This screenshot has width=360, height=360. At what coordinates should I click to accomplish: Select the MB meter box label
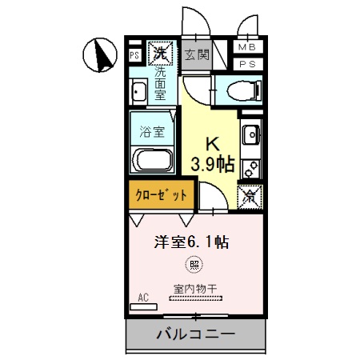pyautogui.click(x=248, y=48)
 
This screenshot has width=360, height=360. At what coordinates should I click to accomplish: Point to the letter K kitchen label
pyautogui.click(x=212, y=144)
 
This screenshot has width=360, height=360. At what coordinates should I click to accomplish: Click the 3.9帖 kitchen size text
pyautogui.click(x=212, y=165)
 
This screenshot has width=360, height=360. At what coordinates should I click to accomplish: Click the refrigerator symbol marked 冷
pyautogui.click(x=250, y=194)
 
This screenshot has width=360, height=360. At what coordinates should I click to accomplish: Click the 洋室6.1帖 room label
pyautogui.click(x=192, y=242)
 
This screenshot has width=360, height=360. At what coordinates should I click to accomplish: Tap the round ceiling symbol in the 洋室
pyautogui.click(x=192, y=263)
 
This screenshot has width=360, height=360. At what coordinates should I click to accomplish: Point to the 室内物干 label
pyautogui.click(x=192, y=288)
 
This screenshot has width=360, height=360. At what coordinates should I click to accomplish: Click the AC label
pyautogui.click(x=143, y=298)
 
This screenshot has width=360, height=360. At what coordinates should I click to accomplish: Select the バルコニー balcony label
pyautogui.click(x=195, y=334)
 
